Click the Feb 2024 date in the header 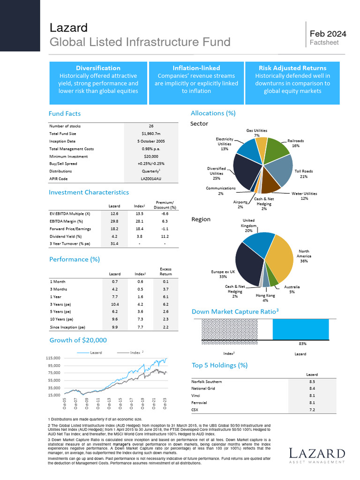tap(328, 34)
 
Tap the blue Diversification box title tap(98, 68)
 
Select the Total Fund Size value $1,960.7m tap(151, 134)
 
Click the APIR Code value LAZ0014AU tap(151, 179)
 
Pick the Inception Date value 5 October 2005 tap(151, 141)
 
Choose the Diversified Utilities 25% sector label tap(217, 173)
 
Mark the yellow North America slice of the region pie tap(282, 258)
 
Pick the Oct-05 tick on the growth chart tap(64, 404)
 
